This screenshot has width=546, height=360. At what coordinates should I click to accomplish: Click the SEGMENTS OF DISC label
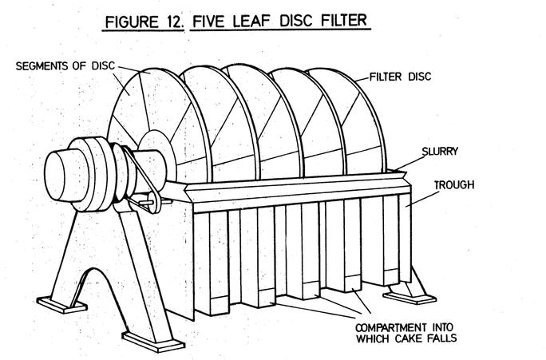61,65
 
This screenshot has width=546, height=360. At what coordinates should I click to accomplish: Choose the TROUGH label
453,184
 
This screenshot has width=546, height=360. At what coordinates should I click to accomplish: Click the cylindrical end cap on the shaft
63,171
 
